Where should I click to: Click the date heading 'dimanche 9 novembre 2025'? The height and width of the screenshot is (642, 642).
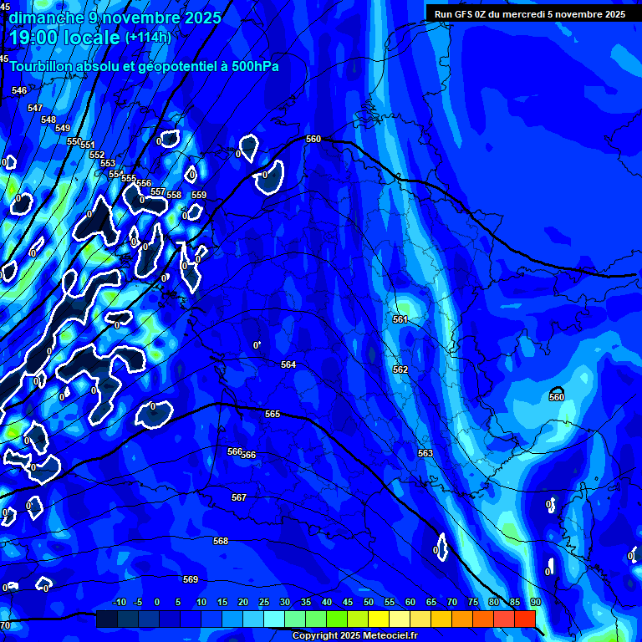[x=115, y=18]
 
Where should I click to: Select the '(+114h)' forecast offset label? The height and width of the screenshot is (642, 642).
[x=148, y=37]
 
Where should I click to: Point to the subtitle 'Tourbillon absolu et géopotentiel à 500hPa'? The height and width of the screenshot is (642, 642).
[x=144, y=66]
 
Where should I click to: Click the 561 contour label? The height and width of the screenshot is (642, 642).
[x=400, y=320]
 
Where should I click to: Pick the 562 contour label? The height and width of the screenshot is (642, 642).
[x=400, y=369]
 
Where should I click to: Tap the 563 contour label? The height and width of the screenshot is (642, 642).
[x=425, y=453]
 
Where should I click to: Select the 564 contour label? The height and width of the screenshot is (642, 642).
[x=288, y=365]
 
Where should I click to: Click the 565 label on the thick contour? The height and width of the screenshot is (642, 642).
[x=273, y=415]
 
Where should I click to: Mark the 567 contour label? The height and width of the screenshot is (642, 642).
[x=239, y=497]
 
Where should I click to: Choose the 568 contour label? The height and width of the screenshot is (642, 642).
[x=221, y=541]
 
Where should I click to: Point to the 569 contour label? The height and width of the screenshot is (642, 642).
[x=191, y=579]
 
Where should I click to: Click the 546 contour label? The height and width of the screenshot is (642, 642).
[x=19, y=90]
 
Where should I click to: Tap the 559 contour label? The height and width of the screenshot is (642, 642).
[x=199, y=195]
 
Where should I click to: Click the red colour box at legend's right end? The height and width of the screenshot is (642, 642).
[x=524, y=619]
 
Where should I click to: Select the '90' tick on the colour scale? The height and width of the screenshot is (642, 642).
[x=535, y=602]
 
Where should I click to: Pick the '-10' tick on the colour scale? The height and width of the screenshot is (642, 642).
[x=119, y=602]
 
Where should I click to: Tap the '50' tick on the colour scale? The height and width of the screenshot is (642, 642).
[x=369, y=602]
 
